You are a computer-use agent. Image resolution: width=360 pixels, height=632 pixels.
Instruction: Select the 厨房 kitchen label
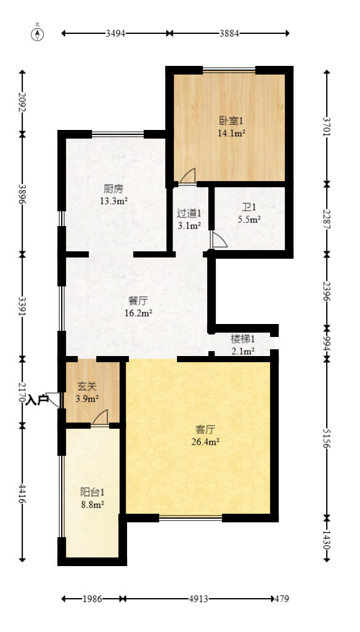(x=113, y=188)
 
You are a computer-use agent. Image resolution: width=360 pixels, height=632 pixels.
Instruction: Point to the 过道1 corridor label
(x=189, y=213)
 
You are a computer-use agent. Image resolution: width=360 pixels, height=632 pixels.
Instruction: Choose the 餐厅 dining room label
(x=137, y=300)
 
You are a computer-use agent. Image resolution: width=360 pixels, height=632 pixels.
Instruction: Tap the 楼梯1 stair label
(x=242, y=338)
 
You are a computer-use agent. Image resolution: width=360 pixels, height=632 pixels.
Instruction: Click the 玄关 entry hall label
(x=87, y=387)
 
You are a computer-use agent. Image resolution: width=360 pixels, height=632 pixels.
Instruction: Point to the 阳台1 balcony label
(x=92, y=492)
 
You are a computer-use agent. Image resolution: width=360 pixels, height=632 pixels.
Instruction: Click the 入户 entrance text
(x=37, y=400)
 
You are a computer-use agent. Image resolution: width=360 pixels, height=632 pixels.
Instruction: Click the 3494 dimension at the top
(x=115, y=33)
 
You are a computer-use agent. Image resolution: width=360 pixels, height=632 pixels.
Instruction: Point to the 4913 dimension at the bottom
(x=198, y=599)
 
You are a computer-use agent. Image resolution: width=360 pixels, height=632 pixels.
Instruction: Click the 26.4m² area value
(x=205, y=441)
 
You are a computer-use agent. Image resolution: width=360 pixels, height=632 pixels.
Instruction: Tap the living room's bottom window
(x=190, y=517)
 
